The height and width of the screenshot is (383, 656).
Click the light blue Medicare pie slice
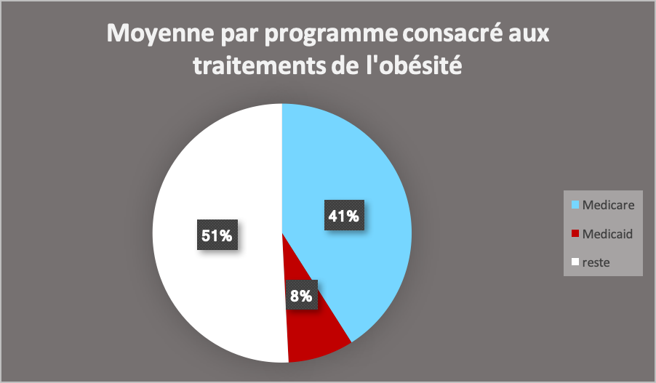point(364,174)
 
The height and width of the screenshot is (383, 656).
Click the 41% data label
point(343,216)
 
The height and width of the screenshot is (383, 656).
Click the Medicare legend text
point(608,205)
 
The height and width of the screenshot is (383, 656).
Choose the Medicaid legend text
point(607,234)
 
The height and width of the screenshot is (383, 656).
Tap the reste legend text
point(596,262)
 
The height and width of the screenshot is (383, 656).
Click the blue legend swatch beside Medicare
point(575,205)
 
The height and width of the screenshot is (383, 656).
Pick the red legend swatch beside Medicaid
point(575,234)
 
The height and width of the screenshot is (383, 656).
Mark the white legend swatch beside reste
point(575,262)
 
